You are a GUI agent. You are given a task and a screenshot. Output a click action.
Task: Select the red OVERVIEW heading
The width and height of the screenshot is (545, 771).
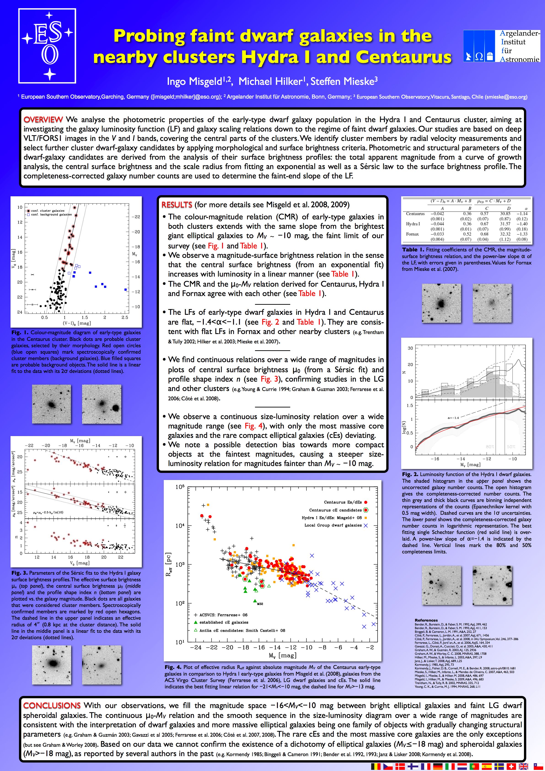tap(43, 120)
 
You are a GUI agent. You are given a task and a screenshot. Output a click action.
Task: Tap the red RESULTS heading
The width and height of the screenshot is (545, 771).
tap(177, 205)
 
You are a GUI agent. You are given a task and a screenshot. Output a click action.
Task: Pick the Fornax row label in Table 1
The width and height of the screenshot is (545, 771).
tap(412, 234)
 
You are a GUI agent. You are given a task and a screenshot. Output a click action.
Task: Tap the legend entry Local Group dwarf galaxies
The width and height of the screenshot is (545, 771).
tap(333, 525)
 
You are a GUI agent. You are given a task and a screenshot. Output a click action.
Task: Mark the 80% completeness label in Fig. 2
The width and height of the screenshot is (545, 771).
tap(490, 447)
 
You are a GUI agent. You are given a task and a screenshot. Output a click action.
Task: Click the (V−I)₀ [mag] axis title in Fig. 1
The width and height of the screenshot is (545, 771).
tap(77, 323)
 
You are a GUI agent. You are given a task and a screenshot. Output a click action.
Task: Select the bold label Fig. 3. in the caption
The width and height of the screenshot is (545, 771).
tap(20, 573)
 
